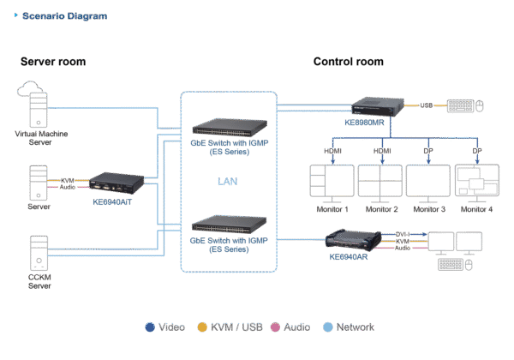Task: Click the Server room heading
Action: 53,62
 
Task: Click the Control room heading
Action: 348,62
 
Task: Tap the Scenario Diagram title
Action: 51,15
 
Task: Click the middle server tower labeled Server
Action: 35,183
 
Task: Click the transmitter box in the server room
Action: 110,182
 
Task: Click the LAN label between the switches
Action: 227,180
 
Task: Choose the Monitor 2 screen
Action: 380,182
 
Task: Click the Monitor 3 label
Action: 429,210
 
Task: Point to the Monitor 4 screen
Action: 477,182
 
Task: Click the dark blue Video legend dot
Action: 151,327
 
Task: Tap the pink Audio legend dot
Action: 276,327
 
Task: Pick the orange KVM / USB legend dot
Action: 202,327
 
